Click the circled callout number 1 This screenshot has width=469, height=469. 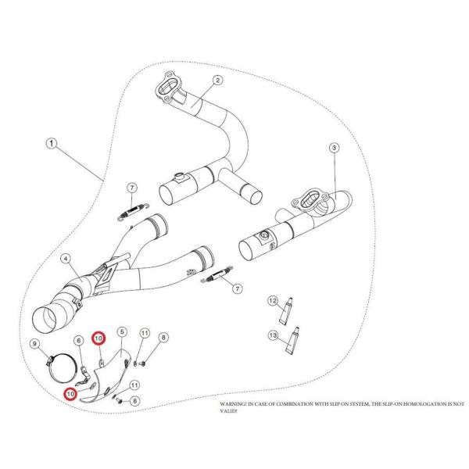pyautogui.click(x=51, y=144)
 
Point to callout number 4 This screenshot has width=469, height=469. pyautogui.click(x=66, y=259)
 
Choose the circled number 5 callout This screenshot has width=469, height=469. pyautogui.click(x=121, y=332)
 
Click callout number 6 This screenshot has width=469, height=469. pyautogui.click(x=79, y=340)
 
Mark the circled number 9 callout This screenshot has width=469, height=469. pyautogui.click(x=34, y=343)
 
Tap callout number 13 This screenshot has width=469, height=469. pyautogui.click(x=272, y=335)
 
